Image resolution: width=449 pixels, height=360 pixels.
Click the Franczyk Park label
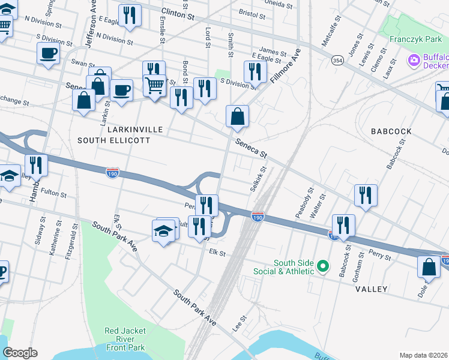(x=416, y=39)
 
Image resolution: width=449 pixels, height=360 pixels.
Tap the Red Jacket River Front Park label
(x=124, y=339)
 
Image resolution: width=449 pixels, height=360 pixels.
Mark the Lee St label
(x=240, y=323)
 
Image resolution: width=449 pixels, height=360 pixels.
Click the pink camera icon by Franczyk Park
(x=414, y=61)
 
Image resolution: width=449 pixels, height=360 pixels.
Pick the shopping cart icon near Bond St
(x=155, y=86)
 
